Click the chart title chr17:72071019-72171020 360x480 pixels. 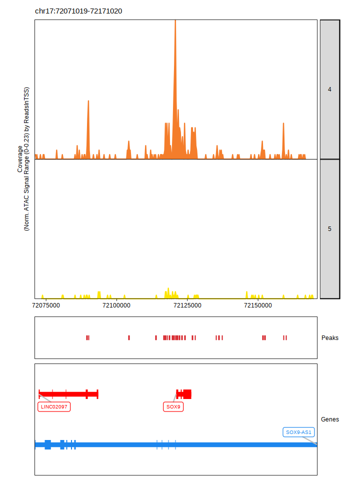[x=78, y=11]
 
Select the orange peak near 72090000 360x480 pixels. [x=88, y=102]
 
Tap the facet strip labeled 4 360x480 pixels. [x=329, y=89]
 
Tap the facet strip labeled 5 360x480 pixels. [x=329, y=229]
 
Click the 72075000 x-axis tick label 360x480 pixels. [x=46, y=305]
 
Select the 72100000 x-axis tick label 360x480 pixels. [x=116, y=305]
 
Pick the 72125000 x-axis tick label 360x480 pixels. [x=187, y=305]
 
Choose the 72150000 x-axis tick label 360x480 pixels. [x=257, y=305]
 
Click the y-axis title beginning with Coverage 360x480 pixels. [x=23, y=159]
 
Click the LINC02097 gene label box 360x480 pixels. [x=54, y=407]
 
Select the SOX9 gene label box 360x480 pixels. [x=173, y=407]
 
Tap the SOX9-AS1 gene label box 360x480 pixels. [x=298, y=432]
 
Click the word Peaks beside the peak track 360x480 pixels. [x=329, y=338]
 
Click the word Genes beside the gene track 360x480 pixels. [x=329, y=419]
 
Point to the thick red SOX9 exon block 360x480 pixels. [x=187, y=394]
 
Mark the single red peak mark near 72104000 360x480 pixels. [x=129, y=338]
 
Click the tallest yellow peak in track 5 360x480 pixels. [x=168, y=289]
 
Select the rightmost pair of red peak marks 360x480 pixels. [x=284, y=338]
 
